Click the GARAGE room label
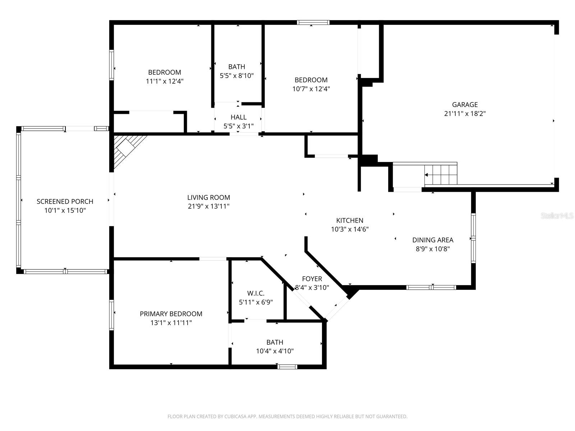click(x=465, y=105)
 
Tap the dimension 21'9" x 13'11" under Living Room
click(x=208, y=206)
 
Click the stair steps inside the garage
click(x=441, y=174)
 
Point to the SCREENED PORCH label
click(x=65, y=201)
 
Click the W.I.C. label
click(x=256, y=293)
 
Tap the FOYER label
click(x=312, y=279)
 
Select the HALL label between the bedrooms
click(x=238, y=117)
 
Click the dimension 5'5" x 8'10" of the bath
click(x=236, y=76)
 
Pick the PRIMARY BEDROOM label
click(x=171, y=314)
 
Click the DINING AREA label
click(x=432, y=240)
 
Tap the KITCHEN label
click(x=349, y=221)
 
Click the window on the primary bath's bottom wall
click(x=287, y=367)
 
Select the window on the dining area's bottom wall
click(x=431, y=287)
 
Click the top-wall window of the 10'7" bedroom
click(x=313, y=22)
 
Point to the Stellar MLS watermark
click(x=557, y=216)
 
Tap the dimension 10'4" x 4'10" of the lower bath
click(x=275, y=351)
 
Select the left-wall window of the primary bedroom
click(x=111, y=315)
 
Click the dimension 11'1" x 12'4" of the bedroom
click(x=164, y=81)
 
